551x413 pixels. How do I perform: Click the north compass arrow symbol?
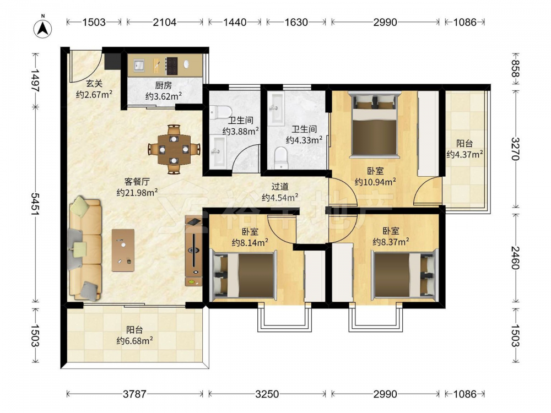pyautogui.click(x=43, y=28)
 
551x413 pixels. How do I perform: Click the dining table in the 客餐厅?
pyautogui.click(x=174, y=149)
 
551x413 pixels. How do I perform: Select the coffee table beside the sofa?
pyautogui.click(x=123, y=250)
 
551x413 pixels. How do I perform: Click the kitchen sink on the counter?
pyautogui.click(x=139, y=66)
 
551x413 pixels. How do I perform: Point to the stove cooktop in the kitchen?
pyautogui.click(x=172, y=66)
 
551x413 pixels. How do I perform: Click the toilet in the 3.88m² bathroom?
pyautogui.click(x=220, y=112)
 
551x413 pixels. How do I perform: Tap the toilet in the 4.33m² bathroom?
pyautogui.click(x=280, y=158)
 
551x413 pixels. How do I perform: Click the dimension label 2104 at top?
pyautogui.click(x=164, y=22)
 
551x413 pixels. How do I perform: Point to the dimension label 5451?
pyautogui.click(x=35, y=204)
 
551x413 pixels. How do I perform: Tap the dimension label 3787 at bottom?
pyautogui.click(x=134, y=394)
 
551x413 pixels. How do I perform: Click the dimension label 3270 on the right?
pyautogui.click(x=515, y=149)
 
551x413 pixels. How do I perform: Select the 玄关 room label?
pyautogui.click(x=94, y=84)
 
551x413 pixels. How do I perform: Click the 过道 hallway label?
pyautogui.click(x=280, y=187)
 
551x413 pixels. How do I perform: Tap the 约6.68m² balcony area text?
pyautogui.click(x=134, y=341)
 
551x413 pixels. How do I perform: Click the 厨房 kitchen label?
pyautogui.click(x=164, y=85)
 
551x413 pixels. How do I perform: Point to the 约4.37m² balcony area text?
pyautogui.click(x=464, y=154)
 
